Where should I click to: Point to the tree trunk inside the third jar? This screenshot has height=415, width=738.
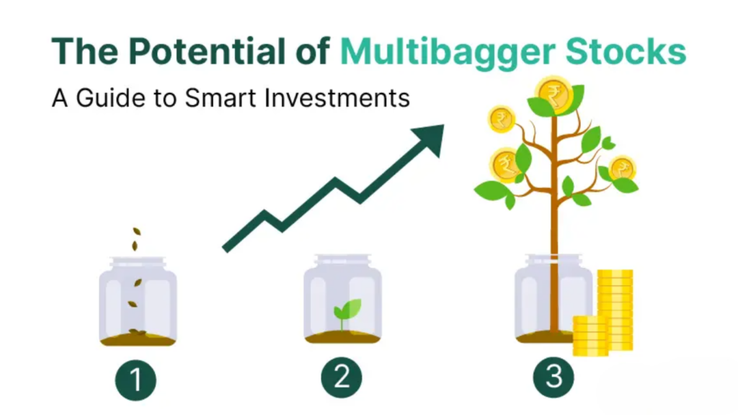point(553,295)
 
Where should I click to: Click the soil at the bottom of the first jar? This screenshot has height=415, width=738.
point(137,338)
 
